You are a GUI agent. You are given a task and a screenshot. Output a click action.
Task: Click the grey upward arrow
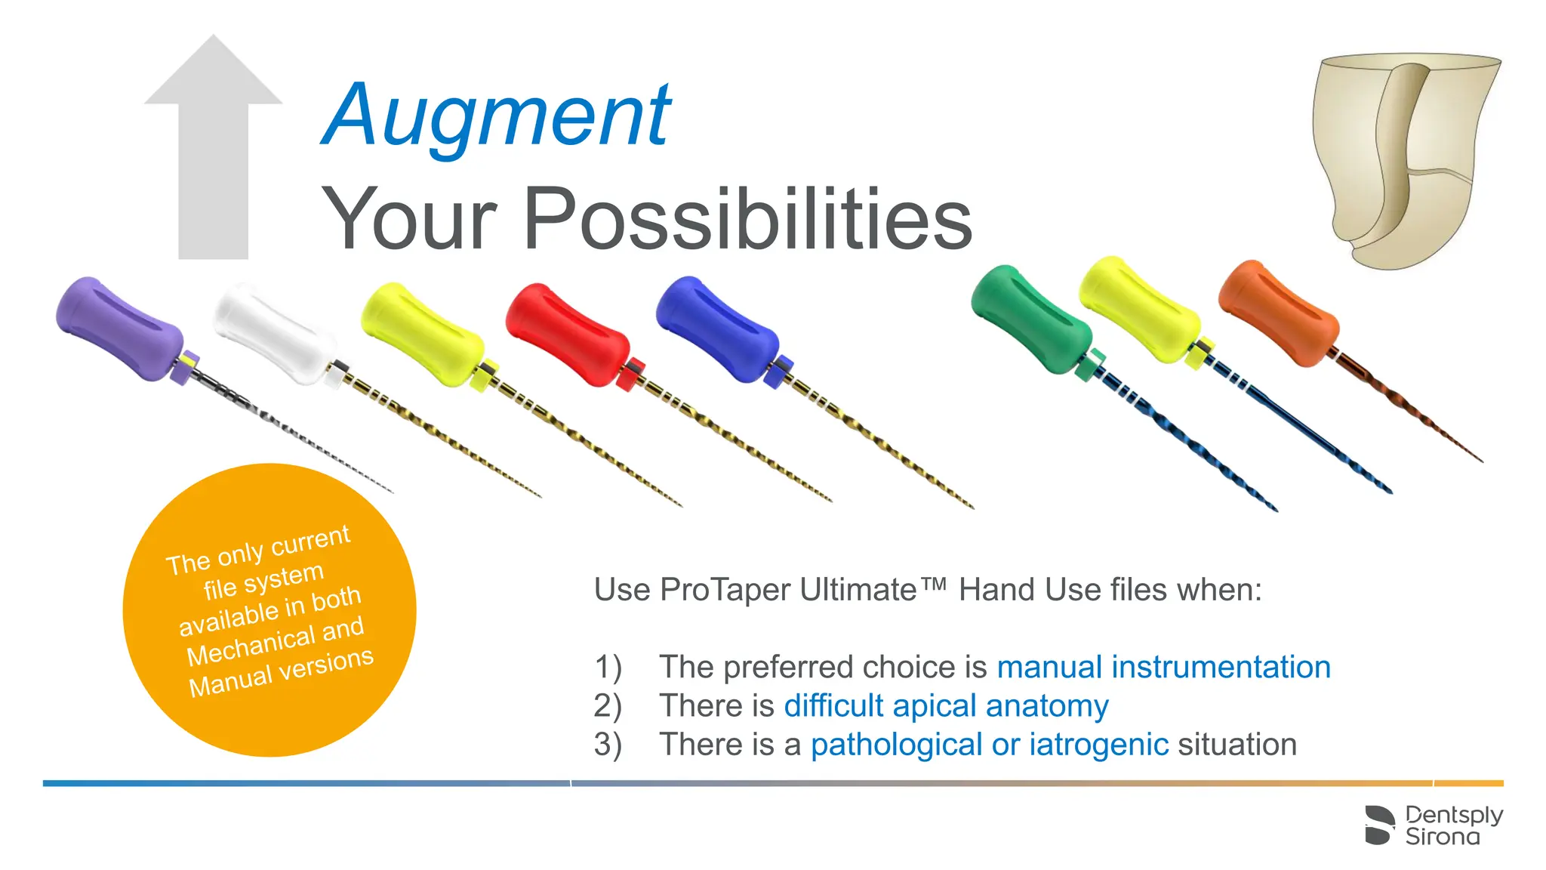pos(214,151)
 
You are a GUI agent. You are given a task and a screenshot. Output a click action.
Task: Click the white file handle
pos(273,333)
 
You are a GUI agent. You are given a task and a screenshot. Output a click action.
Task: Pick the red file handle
pos(567,334)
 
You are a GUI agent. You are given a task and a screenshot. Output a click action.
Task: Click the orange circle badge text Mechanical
pos(251,647)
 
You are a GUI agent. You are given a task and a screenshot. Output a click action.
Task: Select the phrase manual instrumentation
pos(1163,668)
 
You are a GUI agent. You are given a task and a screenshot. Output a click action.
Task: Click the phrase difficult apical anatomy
pos(946,706)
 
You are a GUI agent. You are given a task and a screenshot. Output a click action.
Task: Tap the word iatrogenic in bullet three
pos(1099,745)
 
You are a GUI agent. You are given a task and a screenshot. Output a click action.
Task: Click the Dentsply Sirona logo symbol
pos(1379,825)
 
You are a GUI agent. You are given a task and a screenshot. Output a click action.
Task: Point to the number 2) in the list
pos(608,706)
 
